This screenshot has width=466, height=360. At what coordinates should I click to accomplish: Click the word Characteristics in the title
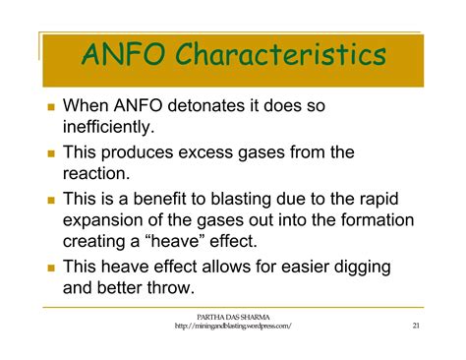coord(281,55)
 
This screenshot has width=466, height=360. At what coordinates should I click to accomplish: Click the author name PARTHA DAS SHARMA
coord(233,316)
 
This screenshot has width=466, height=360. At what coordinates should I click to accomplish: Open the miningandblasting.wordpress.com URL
coord(233,327)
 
